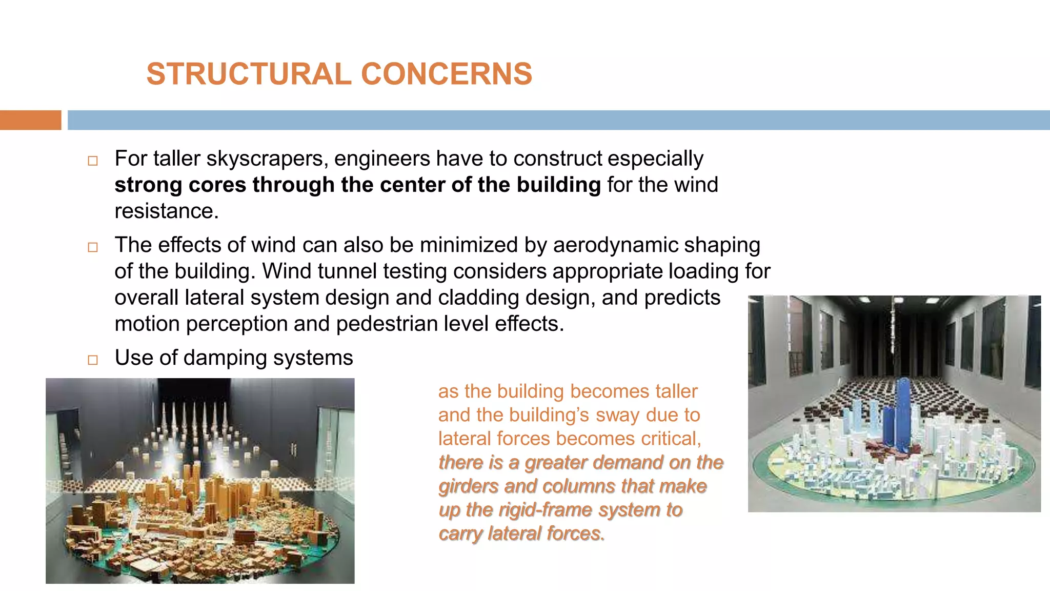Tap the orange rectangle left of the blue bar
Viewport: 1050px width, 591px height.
click(x=30, y=120)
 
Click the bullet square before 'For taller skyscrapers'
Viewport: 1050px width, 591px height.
click(x=93, y=161)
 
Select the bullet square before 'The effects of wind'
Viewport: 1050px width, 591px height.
click(x=93, y=247)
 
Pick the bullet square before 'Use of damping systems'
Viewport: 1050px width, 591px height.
click(x=93, y=360)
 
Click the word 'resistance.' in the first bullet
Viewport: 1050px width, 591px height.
click(x=167, y=211)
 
